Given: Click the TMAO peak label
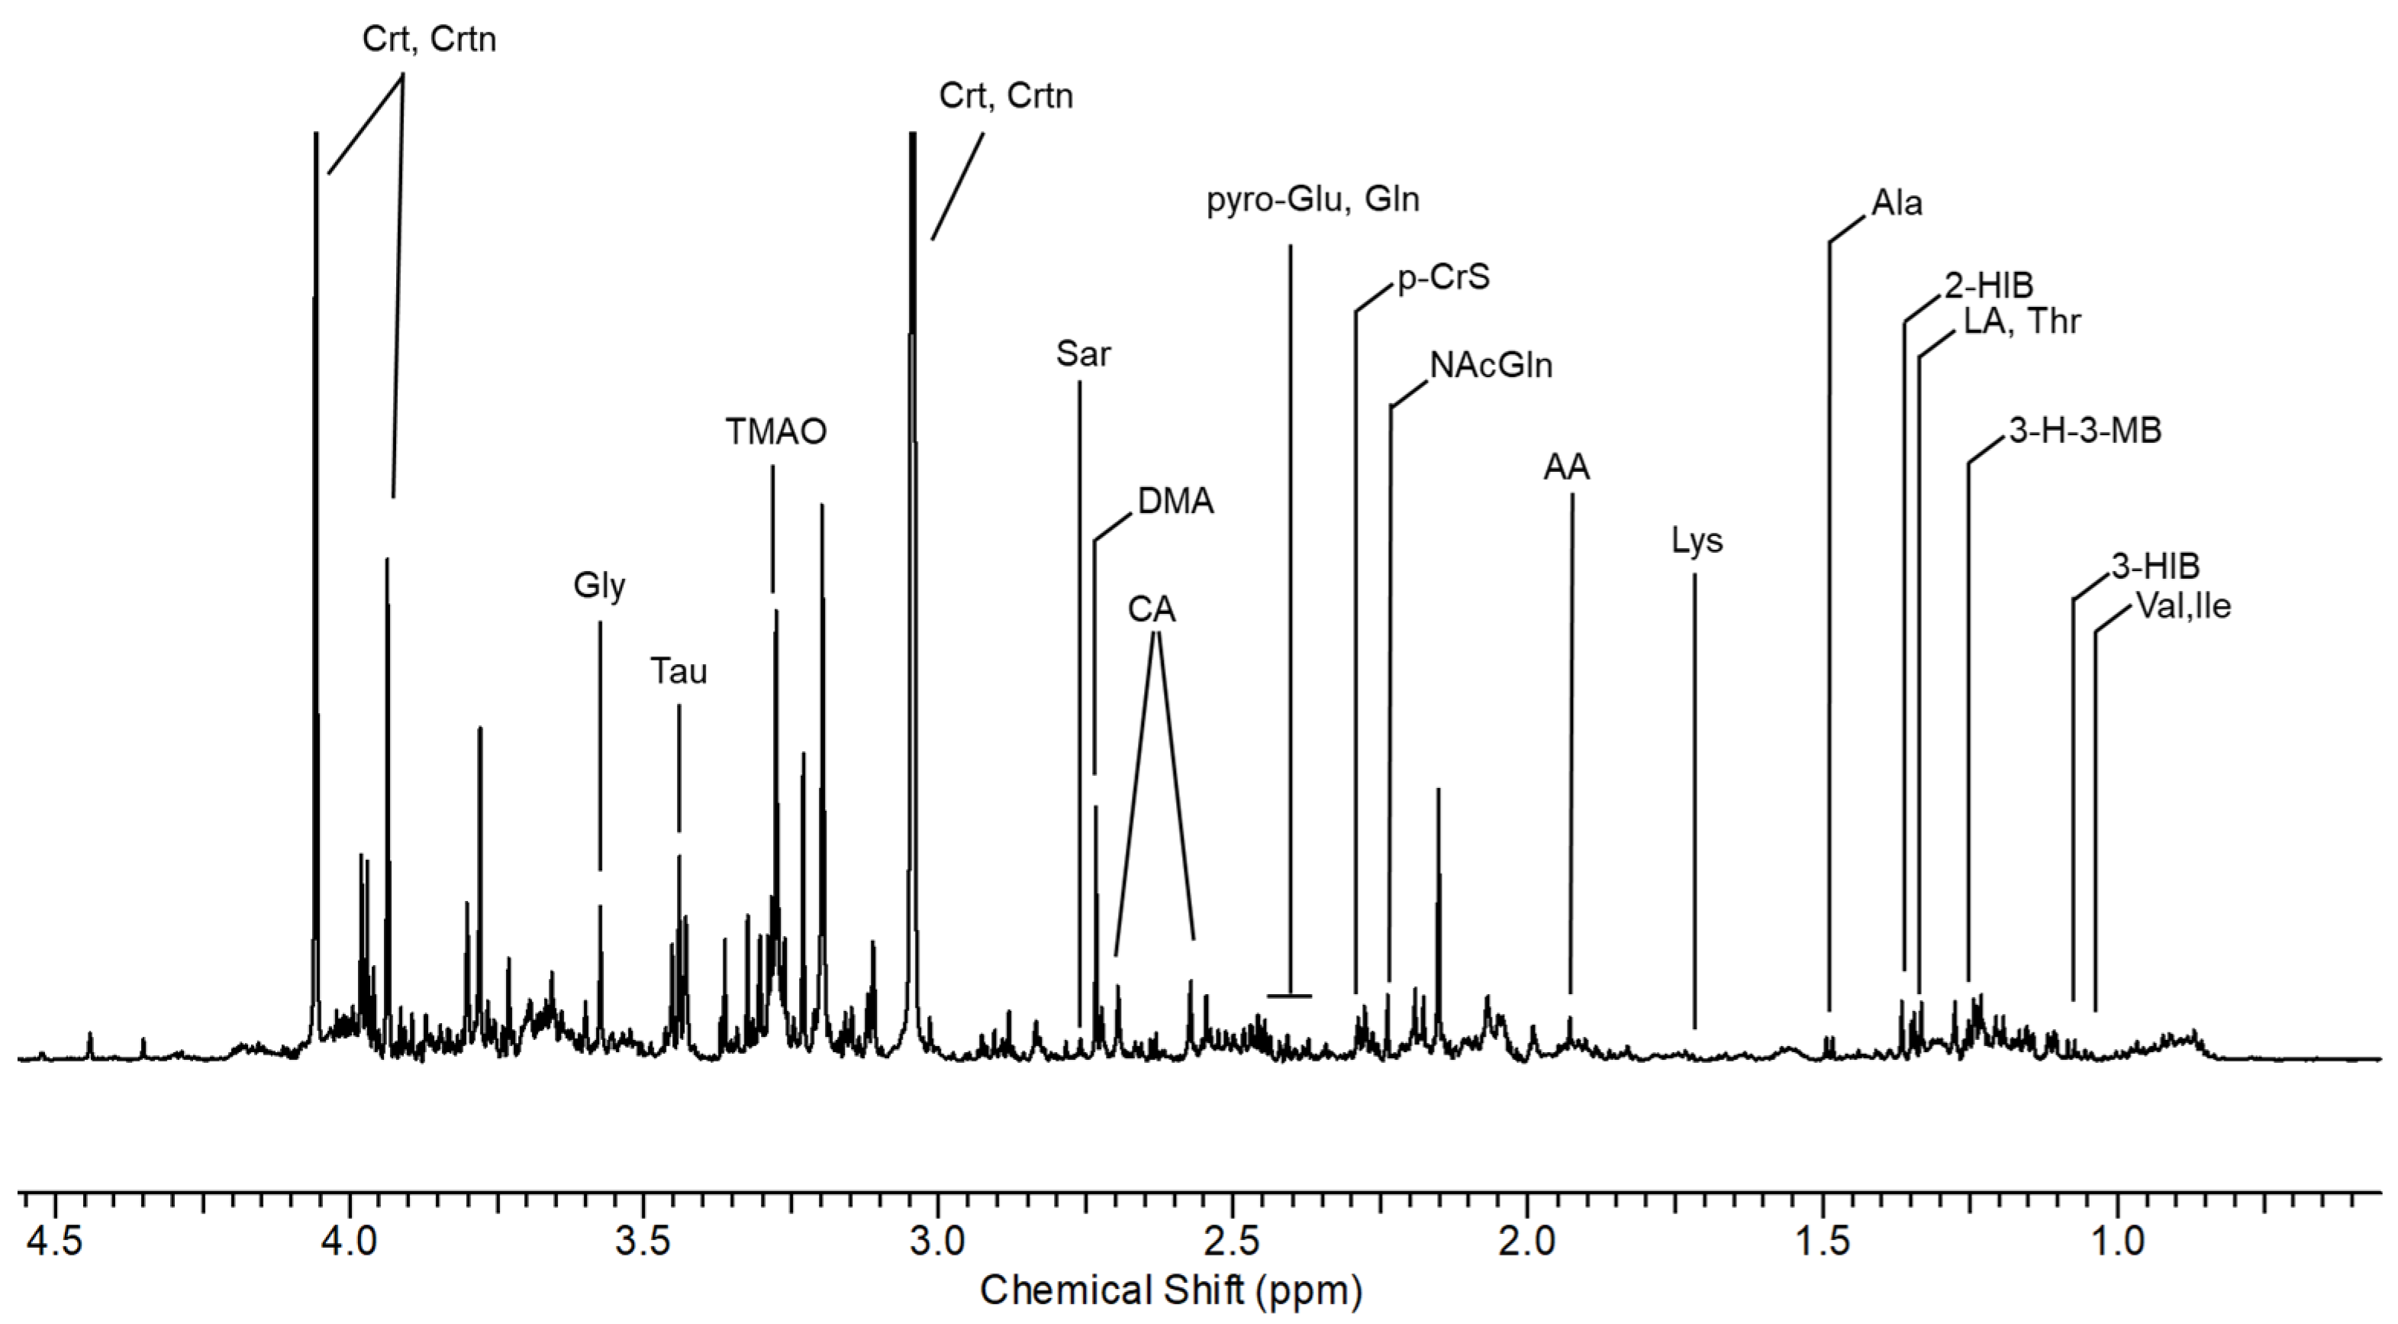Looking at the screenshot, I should coord(775,432).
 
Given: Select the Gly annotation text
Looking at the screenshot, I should coord(598,586).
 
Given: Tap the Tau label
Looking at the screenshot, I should coord(678,671).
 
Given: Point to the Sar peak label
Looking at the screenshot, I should coord(1083,355).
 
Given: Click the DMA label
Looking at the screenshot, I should coord(1176,502).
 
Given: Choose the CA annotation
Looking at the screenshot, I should coord(1152,610).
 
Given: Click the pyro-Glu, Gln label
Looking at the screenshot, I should coord(1313,200).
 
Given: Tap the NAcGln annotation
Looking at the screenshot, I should coord(1491,366).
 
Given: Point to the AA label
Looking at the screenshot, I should coord(1567,468).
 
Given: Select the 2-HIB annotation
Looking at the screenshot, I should coord(1988,286).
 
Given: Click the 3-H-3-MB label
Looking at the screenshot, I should coord(2084,431).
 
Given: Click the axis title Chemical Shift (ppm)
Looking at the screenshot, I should coord(1170,1291).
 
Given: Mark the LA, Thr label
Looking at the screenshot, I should coord(2021,322).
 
